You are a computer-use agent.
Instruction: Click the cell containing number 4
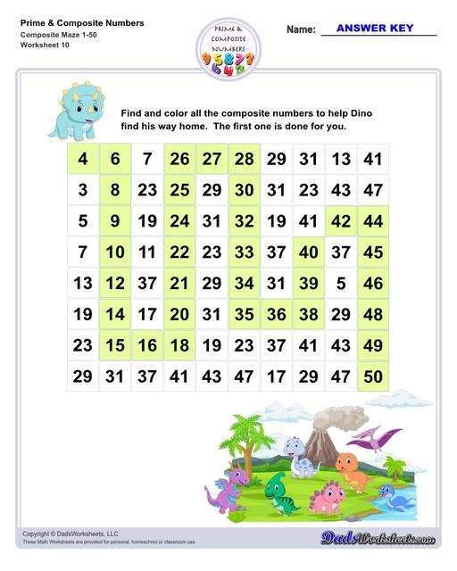(x=83, y=160)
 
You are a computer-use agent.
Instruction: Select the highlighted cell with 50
(x=373, y=377)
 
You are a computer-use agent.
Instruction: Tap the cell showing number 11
(x=147, y=252)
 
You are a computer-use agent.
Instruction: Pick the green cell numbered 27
(x=212, y=160)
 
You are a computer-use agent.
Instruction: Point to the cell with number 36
(x=277, y=314)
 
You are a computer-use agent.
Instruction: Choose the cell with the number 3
(x=83, y=190)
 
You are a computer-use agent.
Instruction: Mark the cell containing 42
(x=340, y=221)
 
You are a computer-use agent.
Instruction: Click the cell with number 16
(x=147, y=345)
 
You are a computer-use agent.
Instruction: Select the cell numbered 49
(x=373, y=345)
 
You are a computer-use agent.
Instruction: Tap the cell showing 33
(x=245, y=252)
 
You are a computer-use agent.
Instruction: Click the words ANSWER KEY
(x=374, y=29)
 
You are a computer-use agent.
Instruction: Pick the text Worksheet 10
(x=42, y=46)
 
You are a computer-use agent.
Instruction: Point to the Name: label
(x=301, y=30)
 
